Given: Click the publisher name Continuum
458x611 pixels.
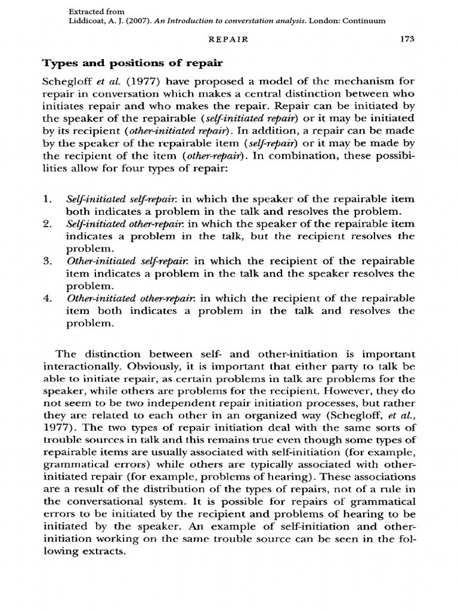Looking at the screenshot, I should click(364, 20).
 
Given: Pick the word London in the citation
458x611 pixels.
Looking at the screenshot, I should click(322, 20).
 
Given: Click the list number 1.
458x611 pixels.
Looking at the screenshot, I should click(47, 199).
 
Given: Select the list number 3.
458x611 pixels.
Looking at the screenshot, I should click(47, 262).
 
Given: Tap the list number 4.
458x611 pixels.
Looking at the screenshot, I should click(47, 298).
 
